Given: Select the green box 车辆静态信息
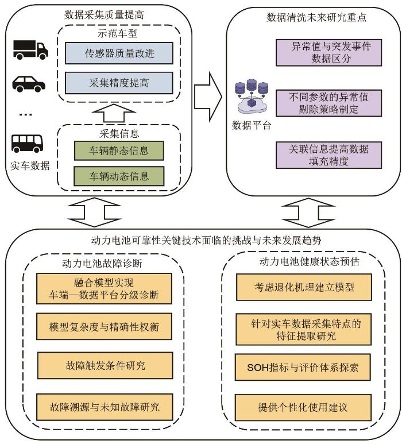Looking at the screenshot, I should coord(119,151).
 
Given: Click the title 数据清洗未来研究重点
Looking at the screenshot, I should coord(310,17).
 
